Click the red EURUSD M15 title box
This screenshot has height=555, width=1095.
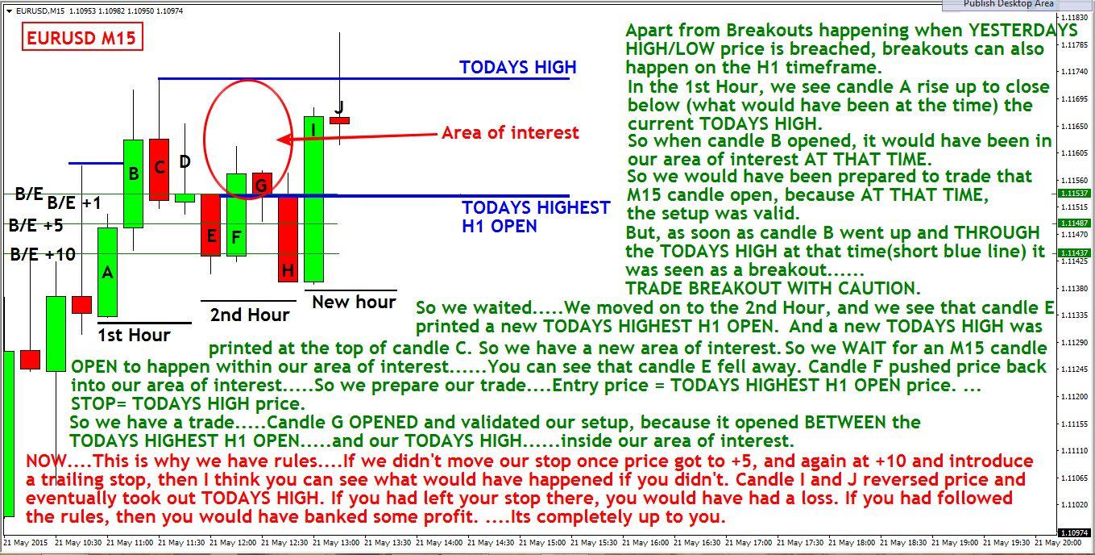click(82, 37)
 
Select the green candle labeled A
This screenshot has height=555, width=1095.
click(107, 272)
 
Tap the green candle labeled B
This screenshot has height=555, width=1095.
click(133, 184)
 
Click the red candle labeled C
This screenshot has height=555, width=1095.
click(159, 170)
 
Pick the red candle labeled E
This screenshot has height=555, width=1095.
click(210, 225)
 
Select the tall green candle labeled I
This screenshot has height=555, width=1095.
click(313, 199)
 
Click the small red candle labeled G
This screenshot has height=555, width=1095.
click(262, 184)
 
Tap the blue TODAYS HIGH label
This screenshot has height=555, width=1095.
click(517, 67)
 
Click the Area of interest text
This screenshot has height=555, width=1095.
click(510, 132)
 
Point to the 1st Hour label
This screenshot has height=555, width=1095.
click(134, 336)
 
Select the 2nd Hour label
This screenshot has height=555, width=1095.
click(250, 315)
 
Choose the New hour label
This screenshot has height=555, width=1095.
click(354, 302)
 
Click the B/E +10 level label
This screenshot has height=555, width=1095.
click(43, 254)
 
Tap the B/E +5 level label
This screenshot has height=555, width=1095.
click(36, 225)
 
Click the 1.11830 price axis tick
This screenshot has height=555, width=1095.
click(1075, 18)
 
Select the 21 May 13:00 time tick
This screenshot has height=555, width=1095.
click(336, 543)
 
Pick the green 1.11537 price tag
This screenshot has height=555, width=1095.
click(1074, 194)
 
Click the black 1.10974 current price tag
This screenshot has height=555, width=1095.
click(1074, 532)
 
